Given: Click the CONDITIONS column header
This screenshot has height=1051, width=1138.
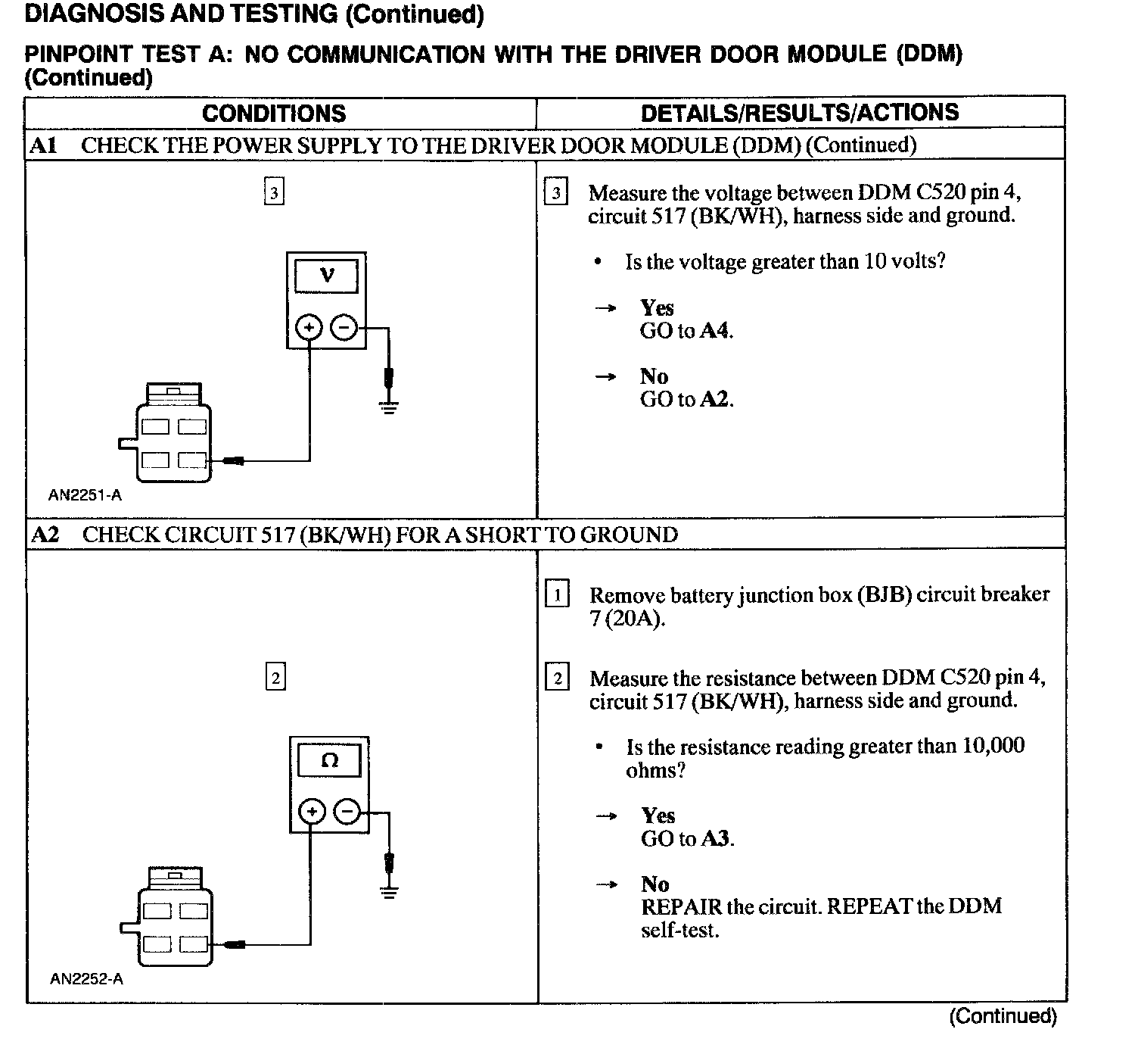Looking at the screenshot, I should [274, 114].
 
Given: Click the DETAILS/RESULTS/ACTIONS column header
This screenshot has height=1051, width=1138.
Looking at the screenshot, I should [800, 113].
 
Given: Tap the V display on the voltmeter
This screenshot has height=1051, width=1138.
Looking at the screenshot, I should [326, 275].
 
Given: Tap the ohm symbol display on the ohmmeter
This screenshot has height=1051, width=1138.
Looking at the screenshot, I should [329, 759].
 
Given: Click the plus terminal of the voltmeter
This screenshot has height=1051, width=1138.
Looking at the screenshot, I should [309, 328].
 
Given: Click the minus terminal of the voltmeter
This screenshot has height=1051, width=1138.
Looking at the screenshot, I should [344, 328].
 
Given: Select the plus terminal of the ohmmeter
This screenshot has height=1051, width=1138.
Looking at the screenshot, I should [312, 812].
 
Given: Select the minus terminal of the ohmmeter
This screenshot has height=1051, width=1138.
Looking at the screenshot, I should [347, 812].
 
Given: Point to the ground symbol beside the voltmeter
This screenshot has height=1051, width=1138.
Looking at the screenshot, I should [388, 409].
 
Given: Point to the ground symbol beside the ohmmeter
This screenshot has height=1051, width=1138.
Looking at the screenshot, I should [389, 892].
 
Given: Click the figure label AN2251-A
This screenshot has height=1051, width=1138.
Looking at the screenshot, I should [85, 495].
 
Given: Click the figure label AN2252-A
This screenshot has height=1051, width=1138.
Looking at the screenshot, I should [86, 979].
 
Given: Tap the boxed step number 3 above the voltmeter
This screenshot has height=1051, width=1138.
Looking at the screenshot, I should [274, 192].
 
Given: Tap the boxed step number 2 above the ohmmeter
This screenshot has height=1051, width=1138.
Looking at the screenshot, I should [275, 677].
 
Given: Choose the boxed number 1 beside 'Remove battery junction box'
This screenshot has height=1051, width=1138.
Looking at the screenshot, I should [558, 594].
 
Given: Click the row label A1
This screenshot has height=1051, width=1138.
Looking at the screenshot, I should [43, 145].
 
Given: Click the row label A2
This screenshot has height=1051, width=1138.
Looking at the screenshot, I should [45, 535].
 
